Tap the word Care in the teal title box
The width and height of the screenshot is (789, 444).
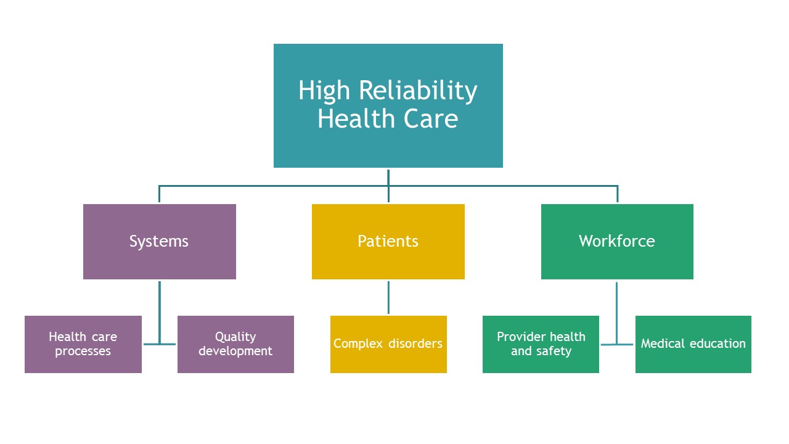(x=430, y=118)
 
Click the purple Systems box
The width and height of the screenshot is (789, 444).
(x=160, y=242)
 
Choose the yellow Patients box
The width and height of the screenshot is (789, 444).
(x=388, y=242)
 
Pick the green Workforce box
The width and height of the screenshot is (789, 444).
(x=617, y=242)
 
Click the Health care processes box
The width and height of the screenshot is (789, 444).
(x=83, y=344)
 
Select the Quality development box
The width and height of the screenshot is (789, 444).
(x=235, y=344)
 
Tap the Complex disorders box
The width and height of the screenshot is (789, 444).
(x=388, y=344)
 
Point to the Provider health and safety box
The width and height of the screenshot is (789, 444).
(x=541, y=344)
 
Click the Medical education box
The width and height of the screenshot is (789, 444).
(x=693, y=344)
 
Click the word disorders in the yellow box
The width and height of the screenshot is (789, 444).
(x=415, y=343)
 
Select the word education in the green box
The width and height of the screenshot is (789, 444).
(x=717, y=343)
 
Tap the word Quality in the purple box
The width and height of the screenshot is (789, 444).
(x=235, y=337)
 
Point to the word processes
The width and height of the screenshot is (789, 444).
(x=83, y=351)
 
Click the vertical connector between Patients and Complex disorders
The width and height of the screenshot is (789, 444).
(x=388, y=297)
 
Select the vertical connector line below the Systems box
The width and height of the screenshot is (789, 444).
(x=160, y=313)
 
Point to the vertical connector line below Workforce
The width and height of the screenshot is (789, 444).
(x=617, y=313)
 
